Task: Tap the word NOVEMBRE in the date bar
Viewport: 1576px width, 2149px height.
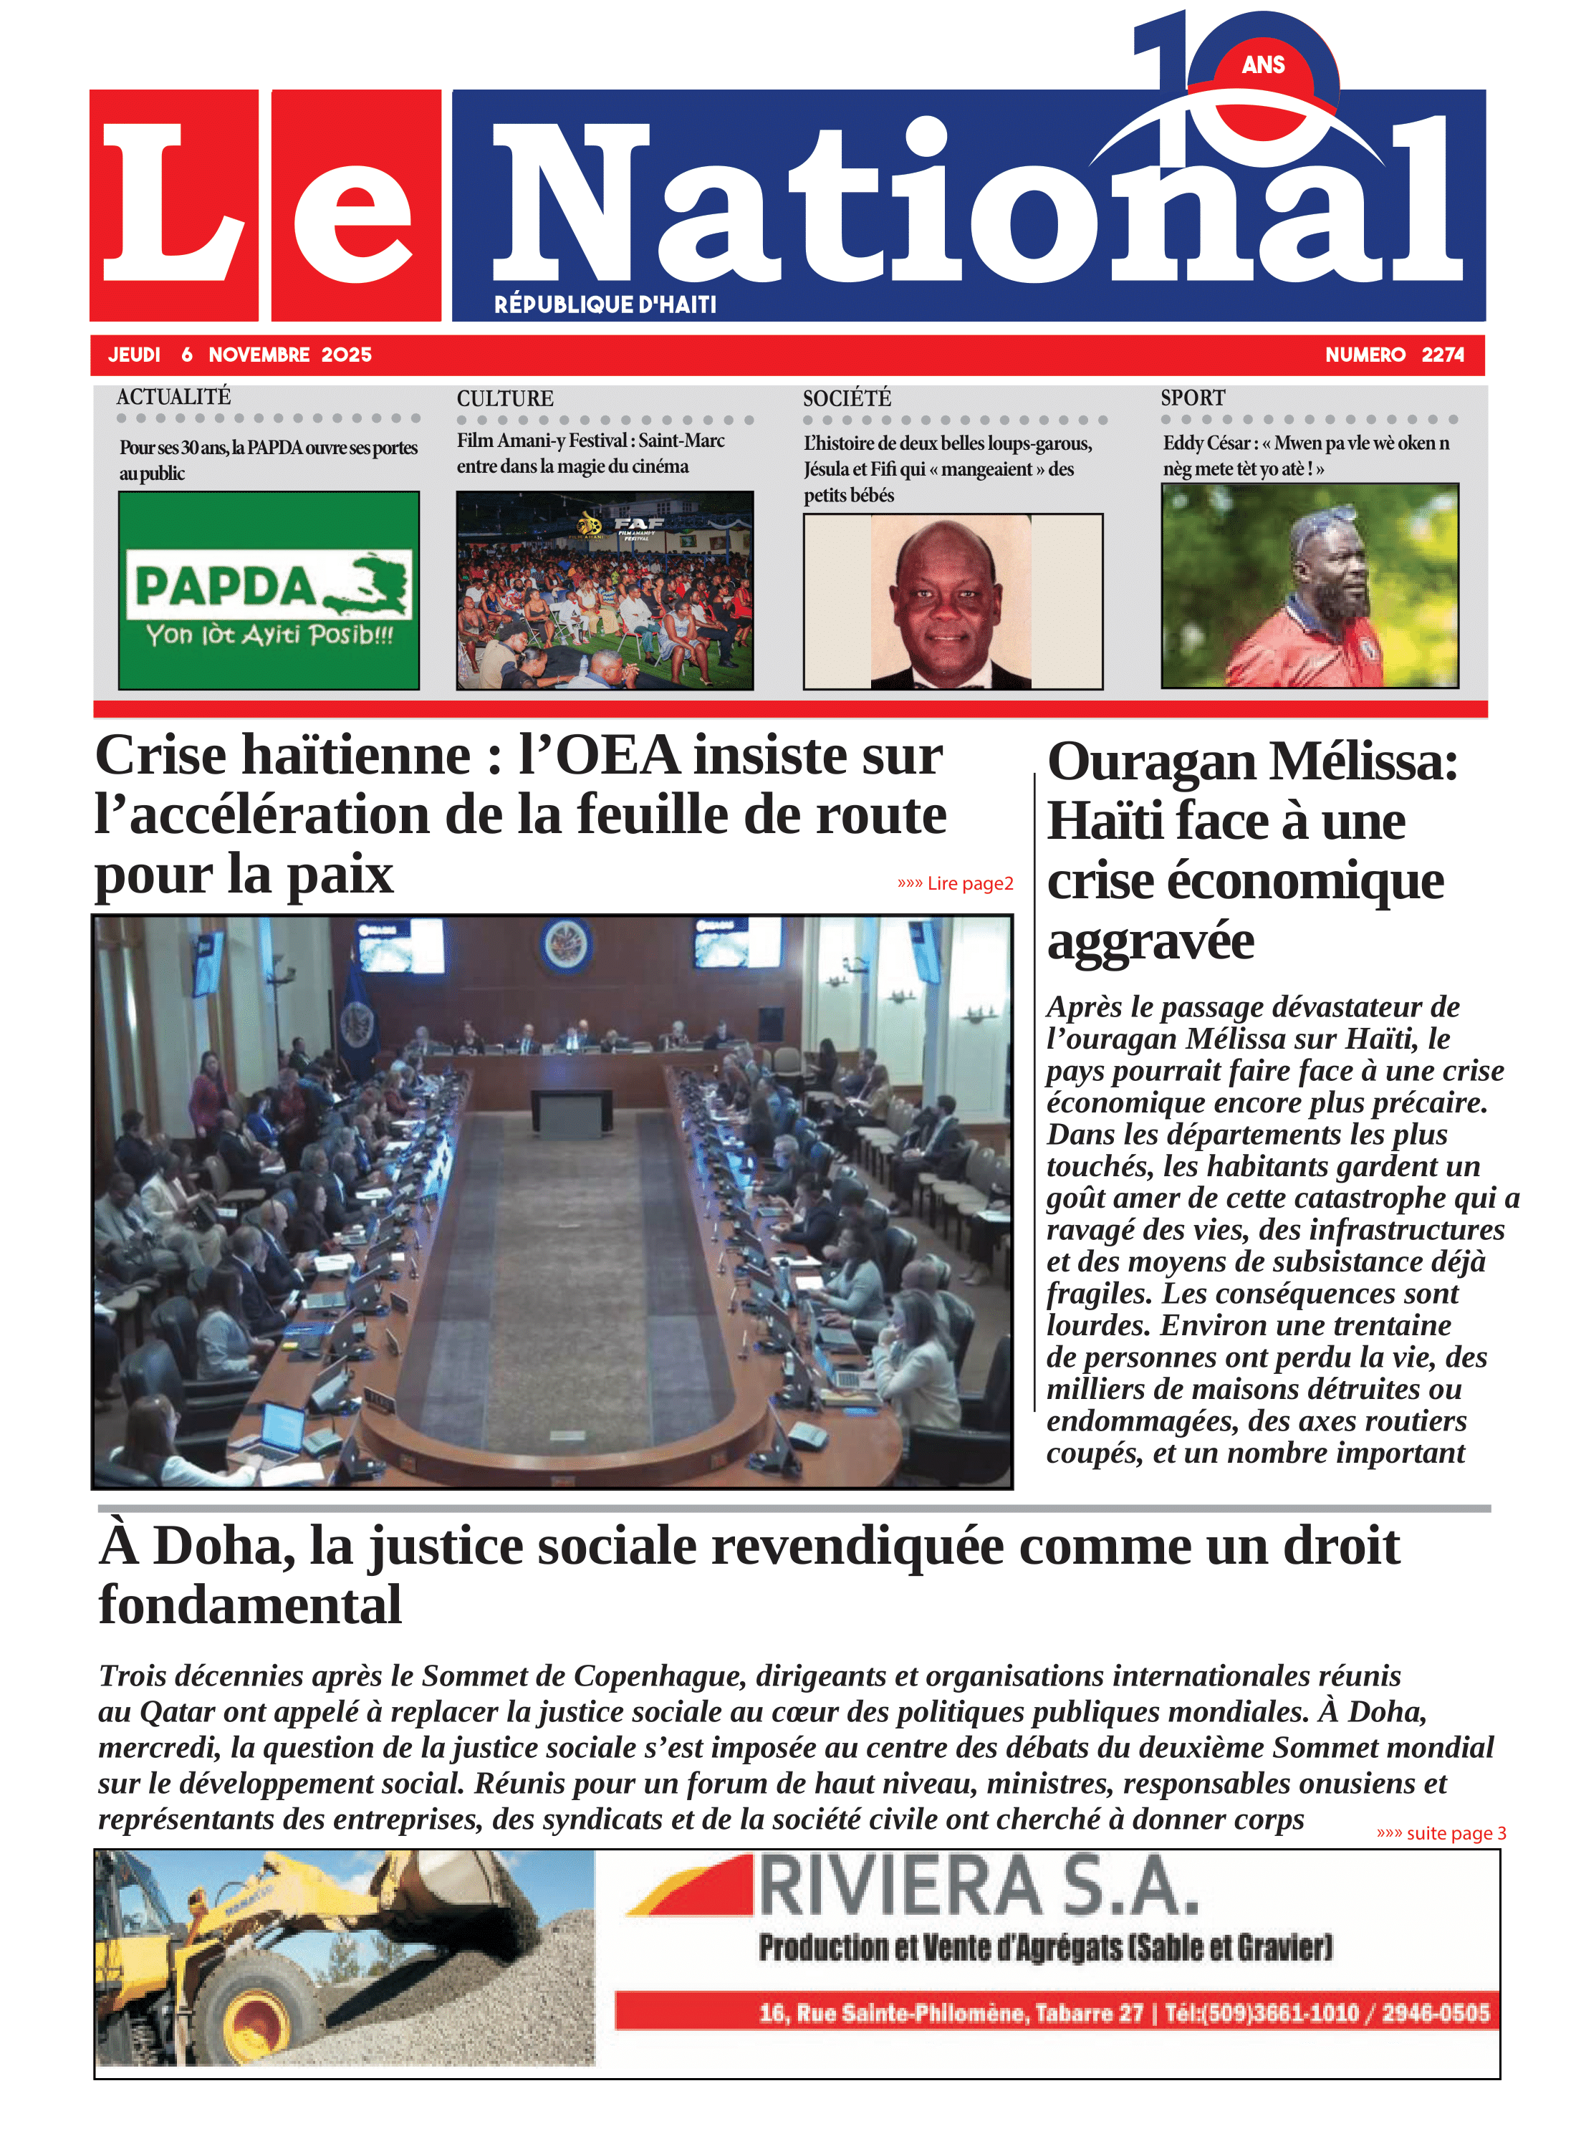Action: click(x=259, y=355)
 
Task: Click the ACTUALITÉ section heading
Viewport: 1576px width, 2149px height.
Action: click(x=173, y=397)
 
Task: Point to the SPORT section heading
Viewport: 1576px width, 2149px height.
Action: click(x=1193, y=398)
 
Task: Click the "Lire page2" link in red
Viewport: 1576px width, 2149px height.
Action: click(x=955, y=883)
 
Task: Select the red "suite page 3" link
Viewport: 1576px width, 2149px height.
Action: click(x=1441, y=1832)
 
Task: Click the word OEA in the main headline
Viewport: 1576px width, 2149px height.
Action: click(x=618, y=756)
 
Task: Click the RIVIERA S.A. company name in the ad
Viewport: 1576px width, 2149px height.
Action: click(x=977, y=1888)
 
